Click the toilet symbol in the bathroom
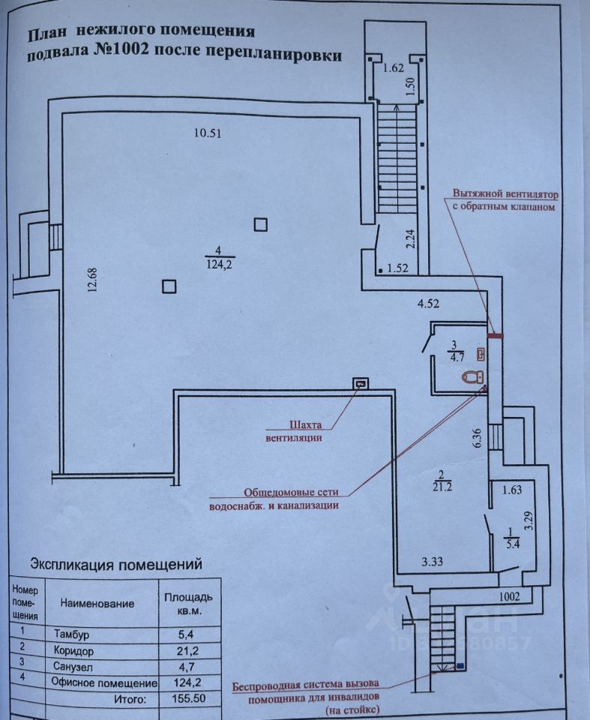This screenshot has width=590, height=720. (472, 377)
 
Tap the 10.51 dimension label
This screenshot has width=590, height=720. (208, 133)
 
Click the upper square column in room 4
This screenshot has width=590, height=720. (261, 224)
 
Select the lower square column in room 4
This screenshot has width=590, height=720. (169, 286)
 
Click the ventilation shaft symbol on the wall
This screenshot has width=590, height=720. (361, 383)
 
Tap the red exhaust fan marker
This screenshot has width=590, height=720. (495, 336)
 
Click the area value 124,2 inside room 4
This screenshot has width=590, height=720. (220, 265)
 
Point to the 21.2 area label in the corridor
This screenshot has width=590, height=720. (442, 487)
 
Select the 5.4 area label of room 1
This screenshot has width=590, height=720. (511, 544)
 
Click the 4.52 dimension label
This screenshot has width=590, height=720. (428, 304)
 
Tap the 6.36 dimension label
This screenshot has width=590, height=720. (477, 438)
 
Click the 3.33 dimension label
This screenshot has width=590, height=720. (432, 561)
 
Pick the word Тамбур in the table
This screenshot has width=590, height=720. (72, 634)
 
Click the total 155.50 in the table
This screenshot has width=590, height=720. (189, 699)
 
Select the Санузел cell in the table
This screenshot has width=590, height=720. (73, 667)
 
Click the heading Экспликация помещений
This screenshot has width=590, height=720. (116, 563)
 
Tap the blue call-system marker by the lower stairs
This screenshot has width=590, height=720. (460, 665)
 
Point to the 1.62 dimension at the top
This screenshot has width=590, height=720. (394, 68)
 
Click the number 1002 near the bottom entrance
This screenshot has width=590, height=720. (510, 596)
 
